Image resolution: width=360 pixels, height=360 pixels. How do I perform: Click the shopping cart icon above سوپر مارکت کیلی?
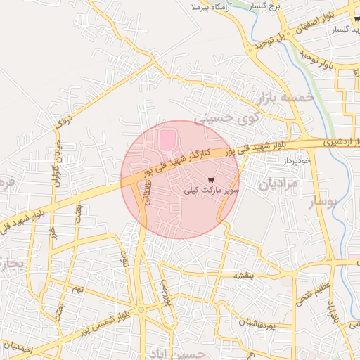coord(212,179)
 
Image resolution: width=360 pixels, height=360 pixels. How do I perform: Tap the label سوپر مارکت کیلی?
coord(212,190)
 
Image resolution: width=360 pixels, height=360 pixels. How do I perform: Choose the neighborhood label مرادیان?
coord(279,184)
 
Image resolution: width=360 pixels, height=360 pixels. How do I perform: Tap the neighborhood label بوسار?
coord(327,205)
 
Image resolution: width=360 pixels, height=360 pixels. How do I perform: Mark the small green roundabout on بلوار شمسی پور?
coord(141,309)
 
